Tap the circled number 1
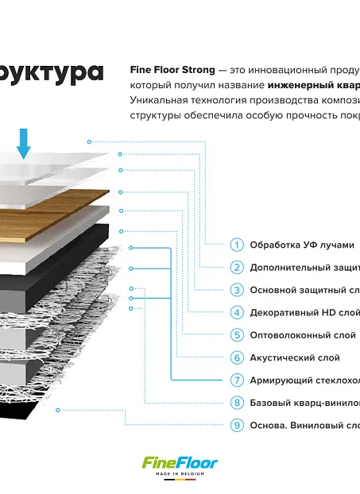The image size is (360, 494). tap(237, 245)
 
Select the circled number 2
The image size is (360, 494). tap(237, 268)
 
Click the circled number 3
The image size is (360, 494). tap(237, 290)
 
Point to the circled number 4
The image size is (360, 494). tap(237, 313)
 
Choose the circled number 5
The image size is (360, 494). tap(237, 335)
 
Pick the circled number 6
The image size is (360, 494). tap(237, 358)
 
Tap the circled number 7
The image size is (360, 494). tap(237, 380)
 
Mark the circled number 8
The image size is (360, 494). tap(237, 403)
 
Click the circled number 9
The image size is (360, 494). tap(237, 425)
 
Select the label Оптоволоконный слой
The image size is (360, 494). tap(298, 335)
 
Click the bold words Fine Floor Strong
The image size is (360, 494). tap(172, 70)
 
